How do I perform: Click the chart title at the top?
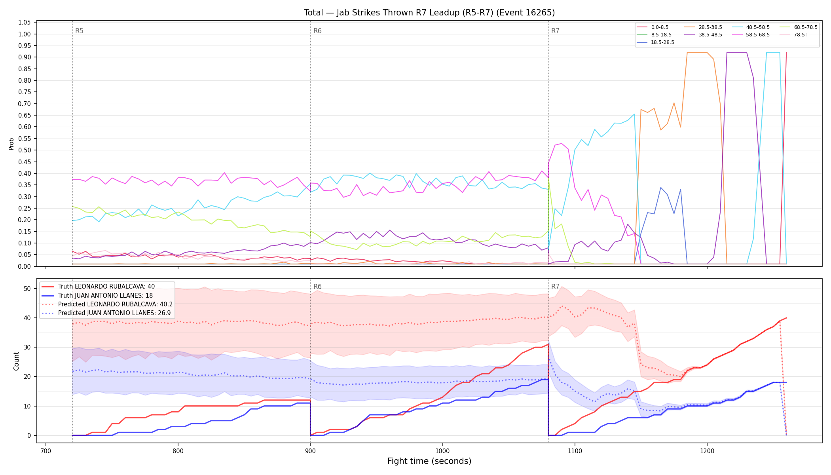[x=429, y=13]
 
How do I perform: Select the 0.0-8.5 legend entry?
[x=653, y=27]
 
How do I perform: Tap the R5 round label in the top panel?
[x=79, y=31]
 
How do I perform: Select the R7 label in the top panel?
[x=555, y=31]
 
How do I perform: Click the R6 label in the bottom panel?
[x=317, y=287]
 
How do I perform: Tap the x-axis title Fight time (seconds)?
[x=429, y=461]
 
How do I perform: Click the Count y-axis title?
[x=16, y=361]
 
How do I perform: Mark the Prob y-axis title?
[x=11, y=144]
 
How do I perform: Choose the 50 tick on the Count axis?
[x=27, y=289]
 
